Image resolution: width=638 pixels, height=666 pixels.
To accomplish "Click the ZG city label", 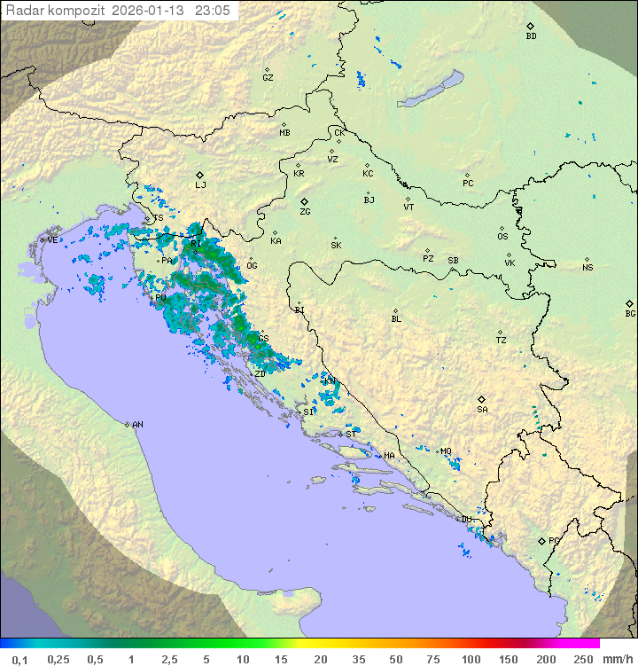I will click(x=305, y=212).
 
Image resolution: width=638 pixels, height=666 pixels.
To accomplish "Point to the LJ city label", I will click(x=200, y=185).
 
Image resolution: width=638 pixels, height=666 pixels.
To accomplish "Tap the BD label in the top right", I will click(x=531, y=36).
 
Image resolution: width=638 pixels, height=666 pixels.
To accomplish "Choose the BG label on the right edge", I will click(x=630, y=313).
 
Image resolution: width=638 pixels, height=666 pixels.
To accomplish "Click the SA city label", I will click(x=482, y=410).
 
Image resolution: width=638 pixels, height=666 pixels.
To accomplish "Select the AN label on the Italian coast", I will click(x=137, y=425).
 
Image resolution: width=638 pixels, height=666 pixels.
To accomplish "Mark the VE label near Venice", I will click(x=52, y=240).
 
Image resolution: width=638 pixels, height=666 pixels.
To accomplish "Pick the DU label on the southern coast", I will click(x=467, y=520).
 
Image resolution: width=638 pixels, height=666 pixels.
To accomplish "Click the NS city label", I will click(x=587, y=268).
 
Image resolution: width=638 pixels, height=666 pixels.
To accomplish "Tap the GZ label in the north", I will click(x=268, y=78).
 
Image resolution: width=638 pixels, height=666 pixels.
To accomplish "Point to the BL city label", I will click(x=396, y=319).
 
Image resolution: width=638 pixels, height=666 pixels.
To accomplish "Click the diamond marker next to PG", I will click(x=541, y=540).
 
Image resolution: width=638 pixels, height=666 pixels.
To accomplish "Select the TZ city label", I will click(x=502, y=341).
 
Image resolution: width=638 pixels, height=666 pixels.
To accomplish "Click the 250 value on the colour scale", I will click(x=583, y=659).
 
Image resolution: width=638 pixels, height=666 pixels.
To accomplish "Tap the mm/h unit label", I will click(x=617, y=659).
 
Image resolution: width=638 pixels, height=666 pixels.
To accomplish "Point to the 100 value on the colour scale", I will click(x=471, y=659).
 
